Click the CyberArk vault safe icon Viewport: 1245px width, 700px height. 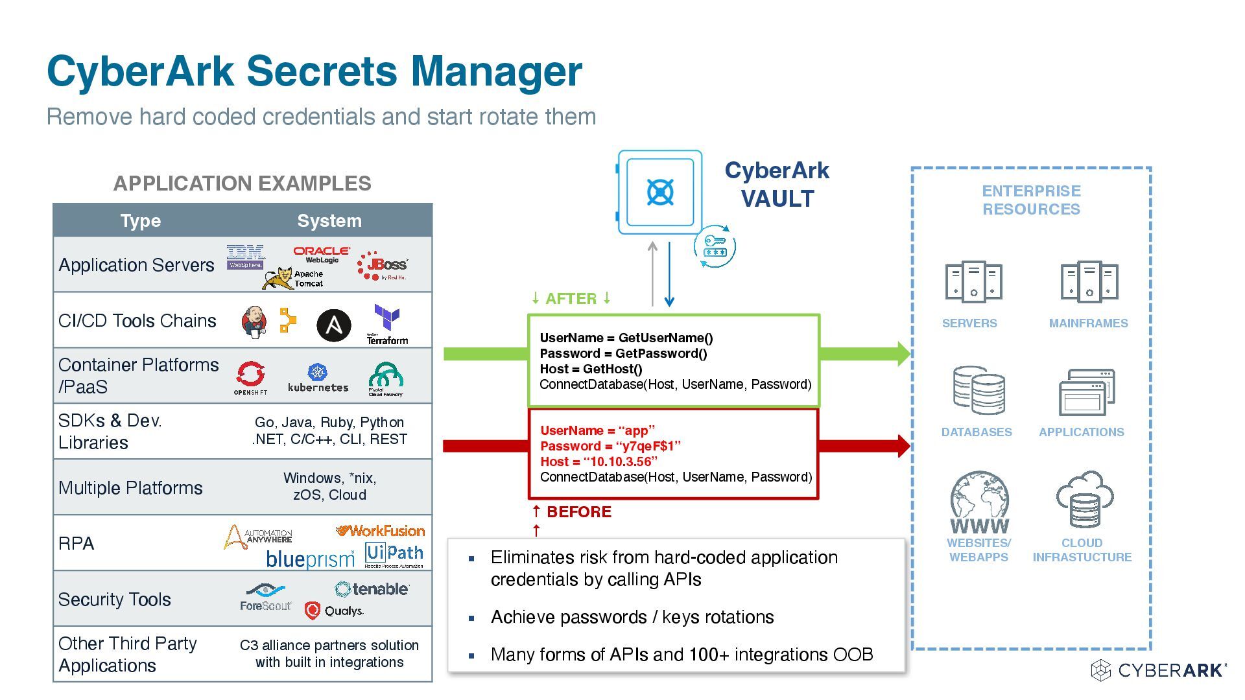659,192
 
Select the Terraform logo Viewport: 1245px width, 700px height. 387,325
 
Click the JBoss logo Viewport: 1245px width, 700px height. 383,265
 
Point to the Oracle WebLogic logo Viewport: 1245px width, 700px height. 322,254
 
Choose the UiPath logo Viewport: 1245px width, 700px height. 394,554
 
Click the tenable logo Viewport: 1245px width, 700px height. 372,589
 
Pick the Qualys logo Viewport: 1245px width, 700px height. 334,611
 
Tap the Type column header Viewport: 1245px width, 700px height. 140,220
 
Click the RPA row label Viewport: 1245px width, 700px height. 77,543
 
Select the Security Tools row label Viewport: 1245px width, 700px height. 115,600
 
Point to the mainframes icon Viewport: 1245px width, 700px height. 1089,282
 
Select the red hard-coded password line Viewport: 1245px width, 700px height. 610,446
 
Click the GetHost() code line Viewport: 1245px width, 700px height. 591,369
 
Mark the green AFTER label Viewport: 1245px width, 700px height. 571,299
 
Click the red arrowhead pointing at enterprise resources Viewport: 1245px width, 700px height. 903,446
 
